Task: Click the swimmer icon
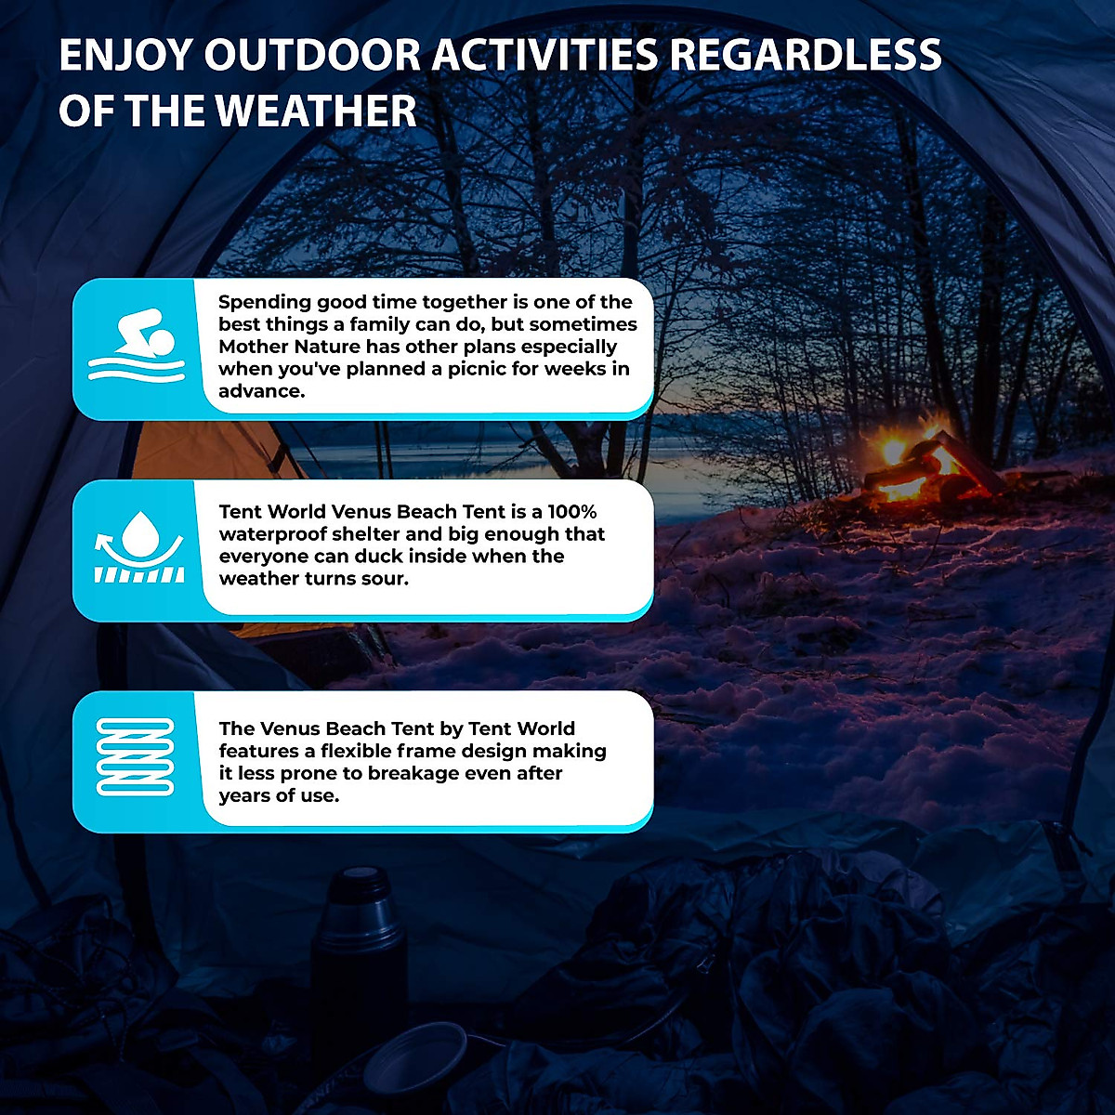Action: tap(137, 346)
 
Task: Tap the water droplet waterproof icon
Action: tap(140, 548)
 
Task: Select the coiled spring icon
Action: tap(136, 757)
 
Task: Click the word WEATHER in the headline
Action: tap(316, 111)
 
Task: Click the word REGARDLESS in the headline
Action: tap(806, 56)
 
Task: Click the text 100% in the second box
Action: tap(572, 512)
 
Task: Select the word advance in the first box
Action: tap(260, 391)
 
